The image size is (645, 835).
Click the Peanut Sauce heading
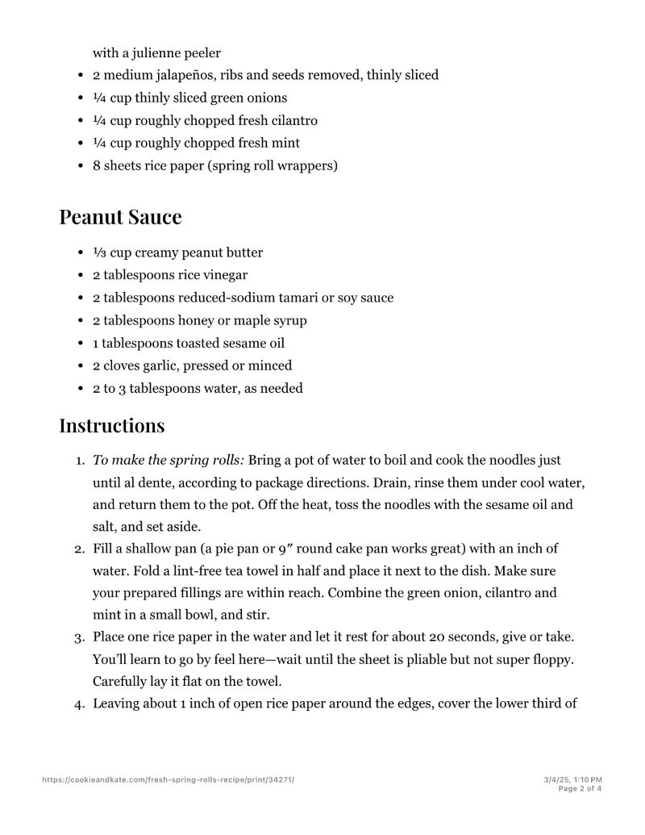[x=120, y=217]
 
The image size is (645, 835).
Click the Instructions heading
[x=111, y=425]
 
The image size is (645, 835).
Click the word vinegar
[x=222, y=275]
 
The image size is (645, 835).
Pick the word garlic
[x=162, y=365]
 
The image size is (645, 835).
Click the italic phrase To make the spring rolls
[x=169, y=461]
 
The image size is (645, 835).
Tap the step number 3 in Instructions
[x=79, y=637]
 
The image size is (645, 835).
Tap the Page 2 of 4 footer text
[x=580, y=789]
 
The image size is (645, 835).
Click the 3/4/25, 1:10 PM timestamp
[x=573, y=779]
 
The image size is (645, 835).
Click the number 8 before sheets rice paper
[x=96, y=165]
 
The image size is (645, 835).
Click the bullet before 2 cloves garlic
[x=81, y=365]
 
